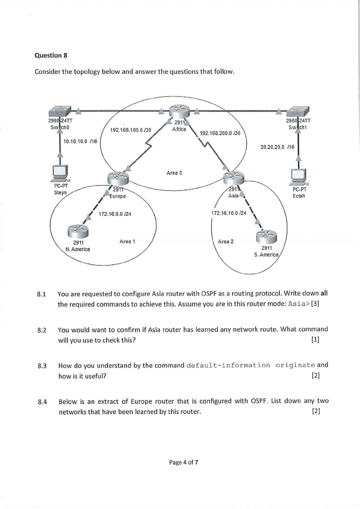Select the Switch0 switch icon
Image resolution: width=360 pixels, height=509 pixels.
[60, 111]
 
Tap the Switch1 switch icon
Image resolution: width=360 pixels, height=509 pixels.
[299, 111]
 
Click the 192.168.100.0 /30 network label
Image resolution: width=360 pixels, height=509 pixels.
[131, 130]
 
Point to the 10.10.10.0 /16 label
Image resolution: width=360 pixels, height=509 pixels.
[80, 142]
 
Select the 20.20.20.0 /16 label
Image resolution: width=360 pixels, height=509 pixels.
[277, 147]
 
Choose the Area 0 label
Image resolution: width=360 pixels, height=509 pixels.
[175, 173]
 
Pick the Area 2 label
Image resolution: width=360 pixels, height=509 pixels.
[226, 241]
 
